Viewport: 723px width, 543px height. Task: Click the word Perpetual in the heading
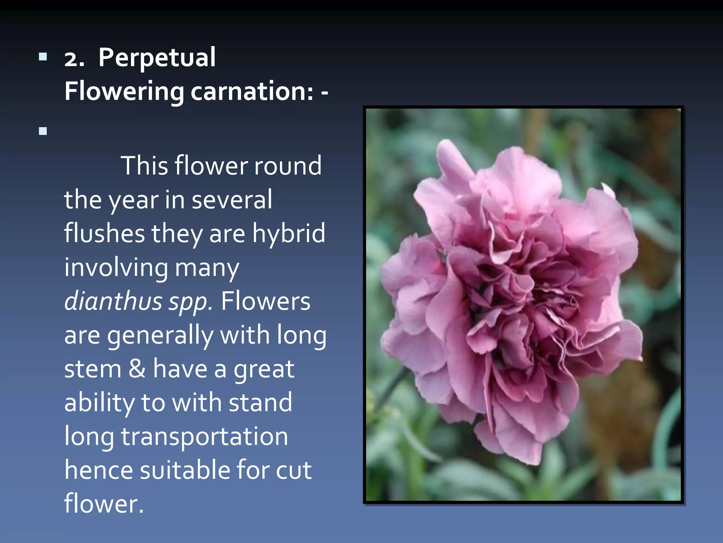pyautogui.click(x=157, y=58)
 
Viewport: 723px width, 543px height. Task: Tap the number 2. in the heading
pyautogui.click(x=74, y=59)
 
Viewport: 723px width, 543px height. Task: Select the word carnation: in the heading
pyautogui.click(x=252, y=91)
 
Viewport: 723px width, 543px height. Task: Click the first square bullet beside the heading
pyautogui.click(x=43, y=57)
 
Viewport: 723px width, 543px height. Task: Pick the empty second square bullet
pyautogui.click(x=43, y=131)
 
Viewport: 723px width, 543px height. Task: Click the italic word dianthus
pyautogui.click(x=113, y=301)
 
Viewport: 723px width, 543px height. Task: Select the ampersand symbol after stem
pyautogui.click(x=137, y=369)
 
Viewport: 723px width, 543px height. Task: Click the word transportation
pyautogui.click(x=204, y=437)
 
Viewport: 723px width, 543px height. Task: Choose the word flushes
pyautogui.click(x=104, y=233)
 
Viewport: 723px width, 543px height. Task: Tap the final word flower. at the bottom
pyautogui.click(x=104, y=504)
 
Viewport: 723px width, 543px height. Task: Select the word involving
pyautogui.click(x=116, y=268)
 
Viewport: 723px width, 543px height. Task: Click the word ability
pyautogui.click(x=99, y=403)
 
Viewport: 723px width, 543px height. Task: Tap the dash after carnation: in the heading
pyautogui.click(x=324, y=93)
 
